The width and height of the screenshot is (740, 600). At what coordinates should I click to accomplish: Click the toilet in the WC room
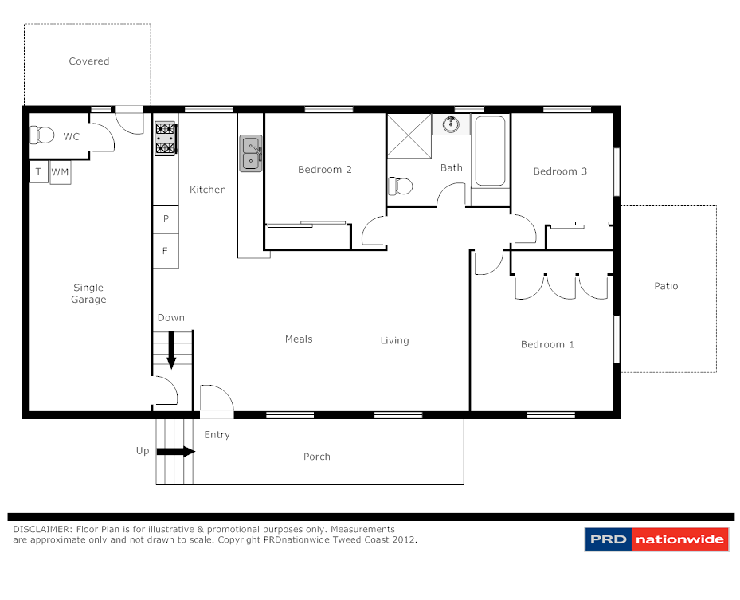coord(44,135)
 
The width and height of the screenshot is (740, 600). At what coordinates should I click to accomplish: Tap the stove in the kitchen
coord(165,138)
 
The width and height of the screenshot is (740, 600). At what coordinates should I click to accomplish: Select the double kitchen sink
coord(251,154)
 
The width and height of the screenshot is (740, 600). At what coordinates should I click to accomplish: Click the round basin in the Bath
coord(452,124)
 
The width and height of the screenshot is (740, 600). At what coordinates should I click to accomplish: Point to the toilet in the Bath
coord(401,186)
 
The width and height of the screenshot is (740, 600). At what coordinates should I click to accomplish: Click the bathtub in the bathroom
coord(489,151)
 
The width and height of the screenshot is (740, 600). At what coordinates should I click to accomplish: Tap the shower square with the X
coord(409,137)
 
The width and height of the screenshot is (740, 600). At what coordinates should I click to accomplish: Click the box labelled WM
coord(61,172)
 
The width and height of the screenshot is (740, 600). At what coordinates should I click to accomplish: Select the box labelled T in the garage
coord(38,172)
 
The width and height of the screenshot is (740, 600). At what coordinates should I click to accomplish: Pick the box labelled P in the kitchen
coord(166,218)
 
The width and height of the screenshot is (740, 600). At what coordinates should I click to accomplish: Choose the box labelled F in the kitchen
coord(166,250)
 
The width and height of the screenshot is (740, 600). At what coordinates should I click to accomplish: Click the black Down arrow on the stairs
coord(171,352)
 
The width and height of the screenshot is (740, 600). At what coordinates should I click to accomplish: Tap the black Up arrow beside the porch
coord(175,451)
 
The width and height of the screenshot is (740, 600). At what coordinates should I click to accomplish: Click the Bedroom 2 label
coord(324,169)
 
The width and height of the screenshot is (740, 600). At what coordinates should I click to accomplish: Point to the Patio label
coord(666,285)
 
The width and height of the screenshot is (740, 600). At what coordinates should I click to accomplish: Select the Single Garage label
coord(88,293)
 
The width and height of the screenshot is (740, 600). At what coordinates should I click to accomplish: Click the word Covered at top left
coord(88,61)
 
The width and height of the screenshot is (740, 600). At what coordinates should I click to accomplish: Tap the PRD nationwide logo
coord(656,539)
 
